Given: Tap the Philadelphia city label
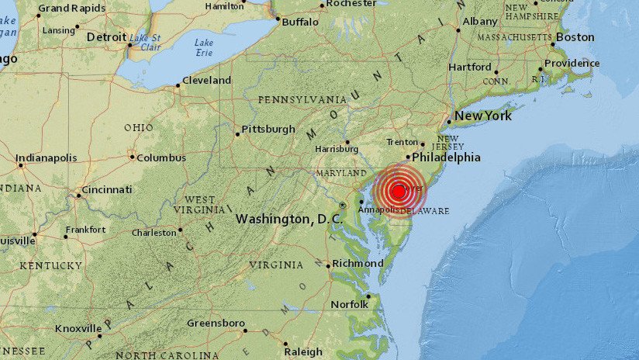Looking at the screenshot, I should [446, 157].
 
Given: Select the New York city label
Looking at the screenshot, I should [483, 116].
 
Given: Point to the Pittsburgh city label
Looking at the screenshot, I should [268, 130].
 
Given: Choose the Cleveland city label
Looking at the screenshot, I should [207, 81].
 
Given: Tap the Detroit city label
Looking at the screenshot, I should [106, 37].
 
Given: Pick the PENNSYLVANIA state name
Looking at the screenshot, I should [302, 100].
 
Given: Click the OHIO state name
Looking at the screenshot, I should [139, 128].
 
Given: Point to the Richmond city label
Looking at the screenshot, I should [358, 264].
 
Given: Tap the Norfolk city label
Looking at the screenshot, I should [350, 304].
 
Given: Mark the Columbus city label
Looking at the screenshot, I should [161, 157].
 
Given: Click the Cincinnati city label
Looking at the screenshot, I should [106, 190].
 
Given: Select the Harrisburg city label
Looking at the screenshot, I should [337, 149].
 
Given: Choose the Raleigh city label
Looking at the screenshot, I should [303, 351].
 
